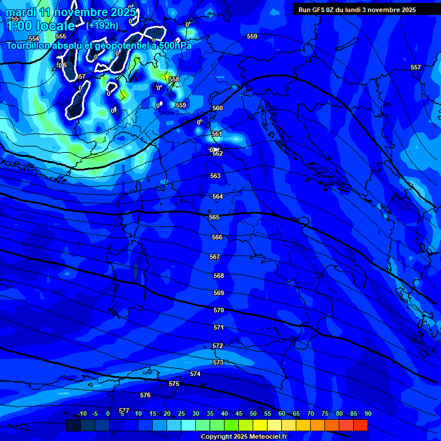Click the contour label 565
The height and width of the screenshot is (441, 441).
point(214,217)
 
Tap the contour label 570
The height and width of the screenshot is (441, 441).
point(219,310)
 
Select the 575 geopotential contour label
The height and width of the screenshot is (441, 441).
point(175,384)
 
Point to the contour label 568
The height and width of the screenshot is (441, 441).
point(219,276)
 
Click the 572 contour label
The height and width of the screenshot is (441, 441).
point(218,346)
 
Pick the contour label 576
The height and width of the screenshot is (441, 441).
point(145,395)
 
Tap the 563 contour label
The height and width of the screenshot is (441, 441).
point(215,176)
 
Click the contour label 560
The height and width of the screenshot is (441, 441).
point(218,108)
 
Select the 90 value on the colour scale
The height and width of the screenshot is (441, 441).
point(367,413)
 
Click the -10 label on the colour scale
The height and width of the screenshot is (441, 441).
point(82,413)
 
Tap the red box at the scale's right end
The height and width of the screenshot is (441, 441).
point(361,425)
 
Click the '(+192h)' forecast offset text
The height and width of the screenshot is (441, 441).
point(102,25)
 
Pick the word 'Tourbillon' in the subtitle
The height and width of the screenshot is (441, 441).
point(29,45)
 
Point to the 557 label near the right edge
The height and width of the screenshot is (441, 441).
point(416,67)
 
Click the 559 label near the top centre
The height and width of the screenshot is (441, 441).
point(252,36)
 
